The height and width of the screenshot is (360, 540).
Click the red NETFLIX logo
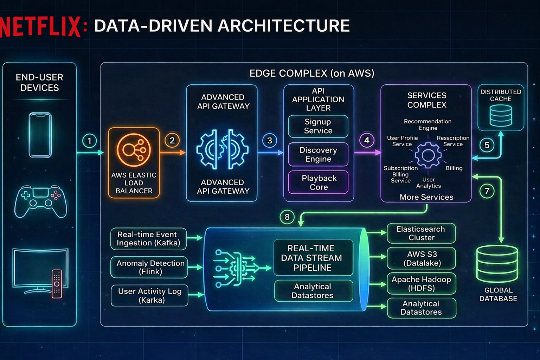point(41,26)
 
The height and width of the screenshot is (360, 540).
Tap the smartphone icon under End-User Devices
point(40,135)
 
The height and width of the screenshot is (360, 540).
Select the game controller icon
point(41,201)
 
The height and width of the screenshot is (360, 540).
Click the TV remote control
point(57,283)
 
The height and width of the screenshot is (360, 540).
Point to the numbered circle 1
point(89,141)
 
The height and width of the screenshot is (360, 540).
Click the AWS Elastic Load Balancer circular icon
point(134,150)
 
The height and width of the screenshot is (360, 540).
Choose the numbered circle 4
point(367,141)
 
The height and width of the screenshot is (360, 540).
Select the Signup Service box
point(318,126)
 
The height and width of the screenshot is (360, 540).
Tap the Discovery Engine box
point(318,154)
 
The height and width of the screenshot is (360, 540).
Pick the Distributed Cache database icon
point(501,115)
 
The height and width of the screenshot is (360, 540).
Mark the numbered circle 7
point(487,191)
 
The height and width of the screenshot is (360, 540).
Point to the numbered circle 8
point(287,217)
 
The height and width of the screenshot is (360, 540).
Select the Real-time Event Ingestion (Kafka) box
point(148,239)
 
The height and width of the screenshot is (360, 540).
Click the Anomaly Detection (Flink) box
point(150,267)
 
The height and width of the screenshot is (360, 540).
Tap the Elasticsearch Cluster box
point(421,233)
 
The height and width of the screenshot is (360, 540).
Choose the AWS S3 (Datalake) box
point(421,258)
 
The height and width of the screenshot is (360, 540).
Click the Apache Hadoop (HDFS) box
point(421,284)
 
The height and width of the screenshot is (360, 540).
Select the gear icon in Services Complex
point(428,155)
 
